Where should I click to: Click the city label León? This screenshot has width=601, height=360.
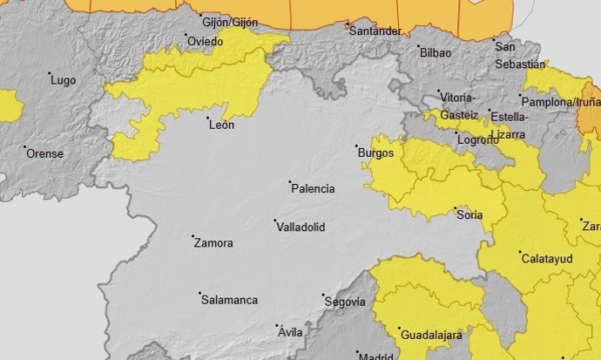222,126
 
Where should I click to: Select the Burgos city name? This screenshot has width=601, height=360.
376,153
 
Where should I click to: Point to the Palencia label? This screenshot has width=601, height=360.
314,188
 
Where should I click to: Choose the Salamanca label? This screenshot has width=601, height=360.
229,301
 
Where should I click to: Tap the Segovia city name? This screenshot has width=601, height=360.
343,302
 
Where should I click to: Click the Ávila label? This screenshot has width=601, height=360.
289,333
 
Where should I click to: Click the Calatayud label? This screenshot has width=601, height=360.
545,259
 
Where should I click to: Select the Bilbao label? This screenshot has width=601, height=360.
436,53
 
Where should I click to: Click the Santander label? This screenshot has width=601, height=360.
374,31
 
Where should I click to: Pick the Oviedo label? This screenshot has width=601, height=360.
206,42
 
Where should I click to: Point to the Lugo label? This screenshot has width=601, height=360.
64,81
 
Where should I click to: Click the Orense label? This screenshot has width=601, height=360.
45,153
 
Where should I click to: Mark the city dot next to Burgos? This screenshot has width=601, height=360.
356,146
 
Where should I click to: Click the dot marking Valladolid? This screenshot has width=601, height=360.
274,221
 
